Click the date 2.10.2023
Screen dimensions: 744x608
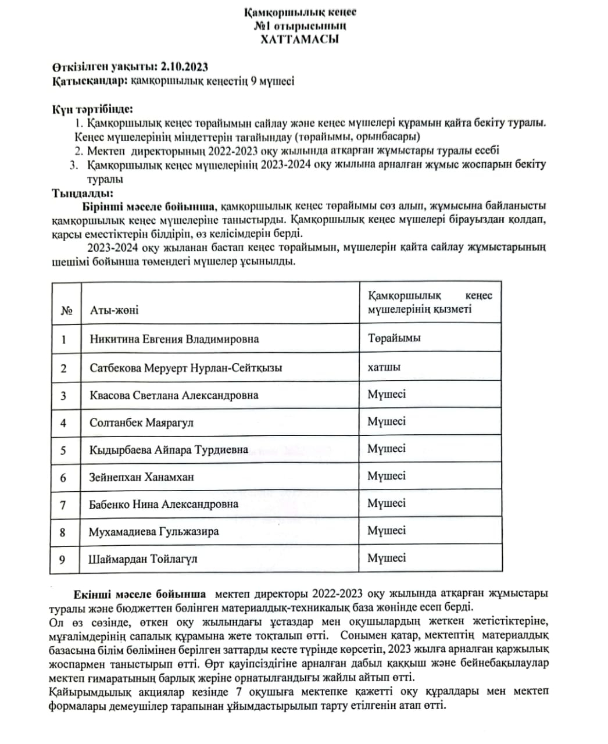pos(184,67)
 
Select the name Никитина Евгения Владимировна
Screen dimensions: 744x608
pos(174,339)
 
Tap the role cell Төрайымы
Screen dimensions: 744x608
pos(394,338)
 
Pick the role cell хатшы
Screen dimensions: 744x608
pos(384,367)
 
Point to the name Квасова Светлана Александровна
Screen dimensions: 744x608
pos(174,395)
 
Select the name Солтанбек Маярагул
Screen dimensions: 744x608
pos(141,423)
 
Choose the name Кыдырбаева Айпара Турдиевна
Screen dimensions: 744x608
pos(169,450)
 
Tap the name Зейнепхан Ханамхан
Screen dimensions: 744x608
pos(141,477)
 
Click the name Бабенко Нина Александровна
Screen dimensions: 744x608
pos(163,504)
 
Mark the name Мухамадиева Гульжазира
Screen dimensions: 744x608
pos(153,531)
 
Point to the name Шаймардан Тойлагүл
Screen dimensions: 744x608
pos(143,559)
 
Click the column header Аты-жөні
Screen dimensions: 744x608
pos(114,310)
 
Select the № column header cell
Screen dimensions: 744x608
pos(66,310)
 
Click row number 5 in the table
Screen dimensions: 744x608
pos(63,450)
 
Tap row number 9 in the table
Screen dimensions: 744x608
pos(62,559)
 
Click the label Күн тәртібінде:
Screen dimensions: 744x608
pos(92,109)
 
